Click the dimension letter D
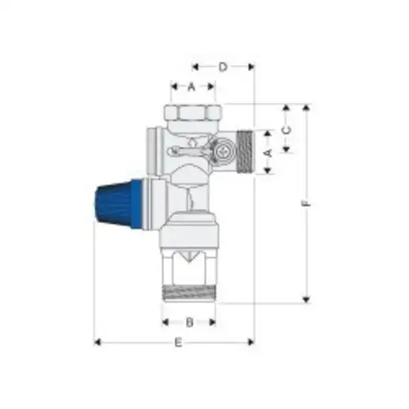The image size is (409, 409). [x=223, y=67]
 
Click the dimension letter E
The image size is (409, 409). [x=177, y=343]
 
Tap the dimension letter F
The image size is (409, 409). [x=305, y=203]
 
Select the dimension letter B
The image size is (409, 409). [x=189, y=323]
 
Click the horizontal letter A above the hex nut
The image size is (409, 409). [x=191, y=87]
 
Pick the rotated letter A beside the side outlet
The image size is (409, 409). [x=269, y=152]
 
